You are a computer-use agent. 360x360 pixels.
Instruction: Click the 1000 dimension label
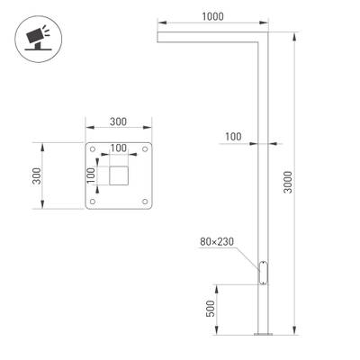coord(213,17)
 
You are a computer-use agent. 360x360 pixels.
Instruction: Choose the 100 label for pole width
coord(233,136)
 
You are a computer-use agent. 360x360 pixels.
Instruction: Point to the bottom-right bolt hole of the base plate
coord(145,201)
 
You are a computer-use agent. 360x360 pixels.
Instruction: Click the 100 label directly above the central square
coord(119,148)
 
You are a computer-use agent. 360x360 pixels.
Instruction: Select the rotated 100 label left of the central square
coord(92,175)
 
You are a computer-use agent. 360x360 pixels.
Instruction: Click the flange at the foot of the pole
coord(263,337)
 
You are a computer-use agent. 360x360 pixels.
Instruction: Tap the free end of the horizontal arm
coord(159,39)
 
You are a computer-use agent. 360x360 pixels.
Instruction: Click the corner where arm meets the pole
coord(264,39)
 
